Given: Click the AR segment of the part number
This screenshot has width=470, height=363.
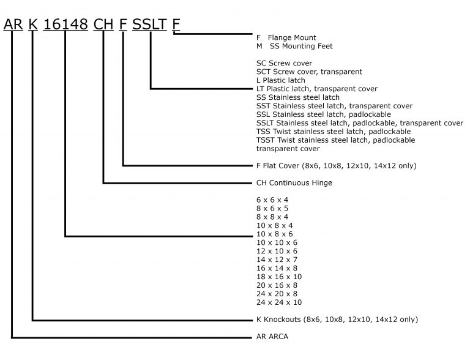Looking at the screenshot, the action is pyautogui.click(x=13, y=24).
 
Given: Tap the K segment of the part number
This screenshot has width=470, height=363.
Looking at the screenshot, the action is pyautogui.click(x=33, y=24).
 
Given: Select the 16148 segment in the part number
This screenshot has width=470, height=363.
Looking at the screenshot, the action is pyautogui.click(x=65, y=24).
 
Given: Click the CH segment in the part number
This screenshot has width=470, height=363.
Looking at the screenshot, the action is pyautogui.click(x=103, y=24).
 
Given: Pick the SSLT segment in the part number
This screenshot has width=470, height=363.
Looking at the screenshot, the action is pyautogui.click(x=149, y=24).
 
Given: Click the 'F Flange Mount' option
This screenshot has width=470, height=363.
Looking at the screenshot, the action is pyautogui.click(x=286, y=38).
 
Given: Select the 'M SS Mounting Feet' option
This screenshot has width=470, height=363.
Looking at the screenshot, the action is pyautogui.click(x=294, y=46).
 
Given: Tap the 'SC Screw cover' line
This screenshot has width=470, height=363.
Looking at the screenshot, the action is pyautogui.click(x=284, y=63).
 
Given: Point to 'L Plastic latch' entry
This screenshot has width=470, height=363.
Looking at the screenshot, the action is pyautogui.click(x=281, y=80).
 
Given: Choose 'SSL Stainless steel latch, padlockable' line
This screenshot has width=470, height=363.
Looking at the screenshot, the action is pyautogui.click(x=324, y=114).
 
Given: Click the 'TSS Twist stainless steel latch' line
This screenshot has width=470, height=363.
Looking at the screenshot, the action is pyautogui.click(x=334, y=132).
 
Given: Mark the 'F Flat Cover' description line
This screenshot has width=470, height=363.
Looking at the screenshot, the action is pyautogui.click(x=337, y=166).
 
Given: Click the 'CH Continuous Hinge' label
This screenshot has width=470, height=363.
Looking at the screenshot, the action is pyautogui.click(x=294, y=183).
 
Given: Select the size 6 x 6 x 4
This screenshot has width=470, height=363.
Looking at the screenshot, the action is pyautogui.click(x=272, y=200).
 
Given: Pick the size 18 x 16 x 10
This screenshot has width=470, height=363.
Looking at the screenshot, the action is pyautogui.click(x=279, y=277).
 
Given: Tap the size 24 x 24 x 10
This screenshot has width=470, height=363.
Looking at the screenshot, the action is pyautogui.click(x=279, y=302).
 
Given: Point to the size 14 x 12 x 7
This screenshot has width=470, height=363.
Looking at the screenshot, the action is pyautogui.click(x=277, y=260).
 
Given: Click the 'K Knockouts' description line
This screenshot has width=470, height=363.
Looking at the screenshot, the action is pyautogui.click(x=337, y=320).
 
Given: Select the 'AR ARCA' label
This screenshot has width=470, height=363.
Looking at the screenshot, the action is pyautogui.click(x=272, y=337).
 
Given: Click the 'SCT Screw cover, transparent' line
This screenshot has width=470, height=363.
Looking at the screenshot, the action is pyautogui.click(x=309, y=72).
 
